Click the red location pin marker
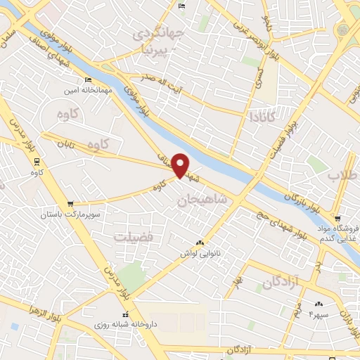point(181,165)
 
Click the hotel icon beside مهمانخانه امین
point(88,79)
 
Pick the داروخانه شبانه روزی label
point(127,326)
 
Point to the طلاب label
point(345,175)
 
